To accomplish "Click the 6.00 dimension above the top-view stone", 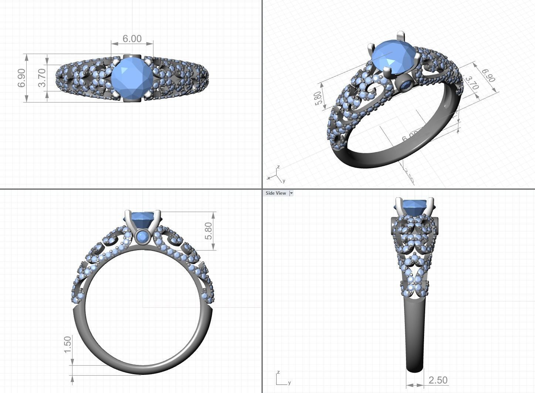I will pyautogui.click(x=132, y=38).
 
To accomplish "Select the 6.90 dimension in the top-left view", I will pyautogui.click(x=22, y=78).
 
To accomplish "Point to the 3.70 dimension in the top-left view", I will pyautogui.click(x=42, y=78).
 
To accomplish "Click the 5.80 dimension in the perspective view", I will pyautogui.click(x=318, y=98).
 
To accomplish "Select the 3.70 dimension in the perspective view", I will pyautogui.click(x=471, y=84).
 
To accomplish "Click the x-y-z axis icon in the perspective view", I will pyautogui.click(x=276, y=175).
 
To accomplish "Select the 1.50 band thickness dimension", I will pyautogui.click(x=68, y=344).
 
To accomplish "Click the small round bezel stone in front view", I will pyautogui.click(x=142, y=236).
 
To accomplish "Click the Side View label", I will pyautogui.click(x=276, y=193).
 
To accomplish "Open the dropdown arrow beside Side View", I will pyautogui.click(x=291, y=193).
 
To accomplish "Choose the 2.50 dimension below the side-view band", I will pyautogui.click(x=438, y=380).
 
